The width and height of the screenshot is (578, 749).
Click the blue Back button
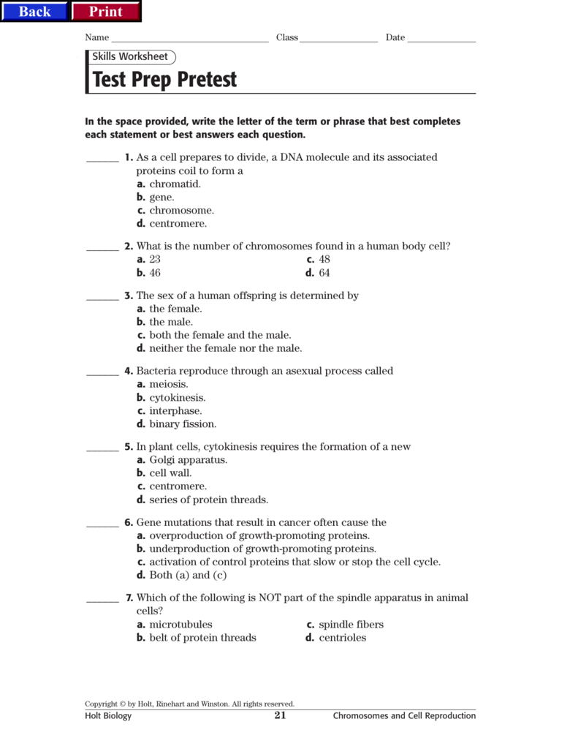pos(34,11)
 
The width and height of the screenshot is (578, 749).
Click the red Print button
pos(105,11)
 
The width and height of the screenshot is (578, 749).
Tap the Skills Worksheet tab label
pos(130,56)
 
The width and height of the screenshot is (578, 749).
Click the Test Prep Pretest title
pos(165,80)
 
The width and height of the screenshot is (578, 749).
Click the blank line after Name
pos(190,39)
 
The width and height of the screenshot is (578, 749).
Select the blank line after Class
pos(338,39)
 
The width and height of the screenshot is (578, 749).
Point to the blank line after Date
pos(441,39)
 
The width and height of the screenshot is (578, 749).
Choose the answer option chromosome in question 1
pos(181,211)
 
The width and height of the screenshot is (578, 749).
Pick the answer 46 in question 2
pos(155,273)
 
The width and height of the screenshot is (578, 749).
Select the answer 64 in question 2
pos(324,273)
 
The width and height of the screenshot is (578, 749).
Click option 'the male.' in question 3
pos(171,322)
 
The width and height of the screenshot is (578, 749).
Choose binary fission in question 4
pos(183,424)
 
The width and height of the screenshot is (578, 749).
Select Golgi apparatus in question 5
pos(188,460)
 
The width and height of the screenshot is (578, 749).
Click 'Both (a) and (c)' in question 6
pos(188,575)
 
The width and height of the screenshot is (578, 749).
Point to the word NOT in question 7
pos(272,598)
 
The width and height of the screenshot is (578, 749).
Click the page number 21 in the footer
pos(280,715)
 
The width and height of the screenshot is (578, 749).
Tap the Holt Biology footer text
pos(108,716)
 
